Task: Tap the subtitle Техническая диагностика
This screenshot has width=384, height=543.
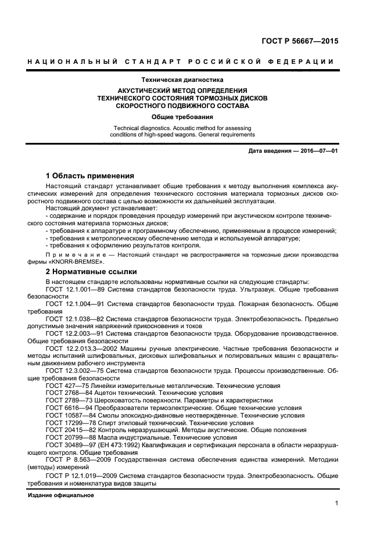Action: point(182,79)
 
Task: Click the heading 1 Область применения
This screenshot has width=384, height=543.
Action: point(90,175)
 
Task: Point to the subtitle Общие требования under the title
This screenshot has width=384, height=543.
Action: point(182,117)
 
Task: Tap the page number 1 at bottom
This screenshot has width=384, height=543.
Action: point(336,503)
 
